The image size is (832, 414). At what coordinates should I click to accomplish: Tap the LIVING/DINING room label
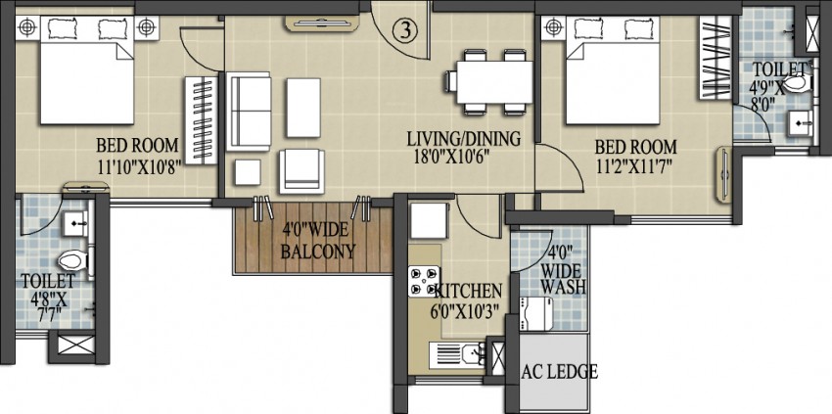click(463, 139)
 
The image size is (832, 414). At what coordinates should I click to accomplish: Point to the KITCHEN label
click(469, 291)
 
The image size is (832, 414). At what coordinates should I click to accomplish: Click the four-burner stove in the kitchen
click(424, 282)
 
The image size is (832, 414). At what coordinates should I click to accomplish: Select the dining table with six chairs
click(493, 79)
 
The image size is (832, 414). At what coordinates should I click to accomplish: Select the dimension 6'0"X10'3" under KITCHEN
click(469, 310)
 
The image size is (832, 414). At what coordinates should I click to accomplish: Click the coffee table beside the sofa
click(302, 107)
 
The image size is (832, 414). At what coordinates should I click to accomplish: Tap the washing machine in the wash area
click(537, 312)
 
